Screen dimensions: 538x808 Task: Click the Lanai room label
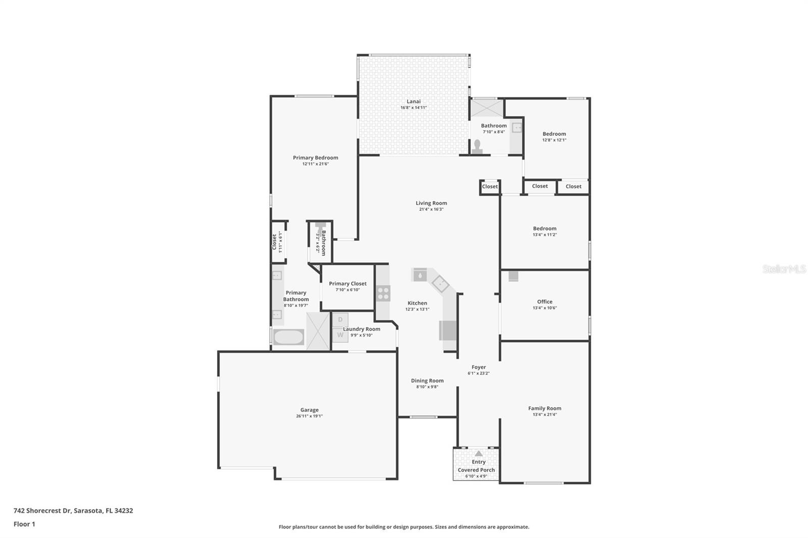tap(413, 101)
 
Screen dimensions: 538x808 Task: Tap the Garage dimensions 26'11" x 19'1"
tap(309, 416)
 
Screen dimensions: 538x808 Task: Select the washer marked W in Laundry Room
tap(340, 335)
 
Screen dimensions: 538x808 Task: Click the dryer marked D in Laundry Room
tap(340, 319)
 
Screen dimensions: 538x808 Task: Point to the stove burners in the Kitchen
tap(383, 293)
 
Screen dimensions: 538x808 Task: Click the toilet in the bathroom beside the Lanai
tap(477, 146)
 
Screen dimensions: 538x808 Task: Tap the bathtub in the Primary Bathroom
tap(289, 337)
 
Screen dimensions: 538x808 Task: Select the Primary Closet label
tap(347, 284)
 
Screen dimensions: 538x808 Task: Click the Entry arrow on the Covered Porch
tap(478, 454)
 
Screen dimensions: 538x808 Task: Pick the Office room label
tap(544, 302)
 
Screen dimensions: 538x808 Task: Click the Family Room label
tap(544, 408)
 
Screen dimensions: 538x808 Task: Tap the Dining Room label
tap(427, 381)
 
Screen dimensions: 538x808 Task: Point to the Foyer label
tap(478, 367)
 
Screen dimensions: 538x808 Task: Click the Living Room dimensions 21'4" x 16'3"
tap(431, 209)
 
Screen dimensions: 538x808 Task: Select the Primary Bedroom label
tap(315, 158)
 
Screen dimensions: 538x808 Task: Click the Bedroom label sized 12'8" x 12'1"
tap(554, 134)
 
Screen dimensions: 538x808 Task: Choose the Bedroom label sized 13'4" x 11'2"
tap(544, 229)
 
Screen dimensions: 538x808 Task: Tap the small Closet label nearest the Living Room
tap(489, 187)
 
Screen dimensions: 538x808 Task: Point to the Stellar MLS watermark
tap(784, 270)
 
